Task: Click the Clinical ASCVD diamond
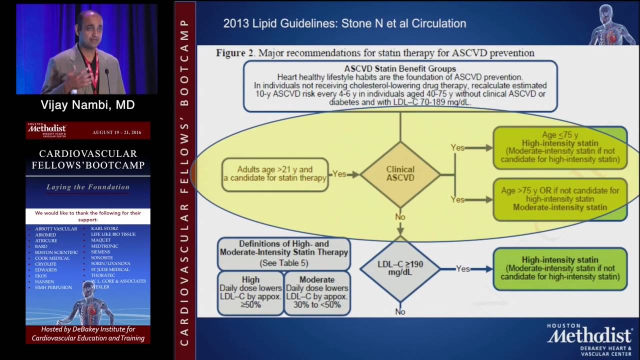click(x=400, y=173)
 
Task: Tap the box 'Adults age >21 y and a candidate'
click(x=274, y=174)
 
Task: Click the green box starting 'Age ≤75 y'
click(x=560, y=147)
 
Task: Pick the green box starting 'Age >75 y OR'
click(x=560, y=199)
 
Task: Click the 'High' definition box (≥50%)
click(x=250, y=292)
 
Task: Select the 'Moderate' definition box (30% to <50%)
click(x=317, y=292)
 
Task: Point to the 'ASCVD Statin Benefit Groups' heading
click(x=400, y=69)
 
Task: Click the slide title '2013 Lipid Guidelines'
click(x=344, y=23)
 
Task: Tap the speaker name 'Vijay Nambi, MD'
click(x=87, y=105)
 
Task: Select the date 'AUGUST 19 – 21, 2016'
click(x=116, y=132)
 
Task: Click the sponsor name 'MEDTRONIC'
click(x=104, y=246)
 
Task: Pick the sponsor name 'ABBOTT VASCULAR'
click(x=56, y=229)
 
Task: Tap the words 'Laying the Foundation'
click(x=88, y=187)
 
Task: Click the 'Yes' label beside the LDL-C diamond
click(x=462, y=269)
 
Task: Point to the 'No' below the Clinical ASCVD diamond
click(x=400, y=217)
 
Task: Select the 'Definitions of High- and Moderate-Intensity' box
click(x=284, y=253)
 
